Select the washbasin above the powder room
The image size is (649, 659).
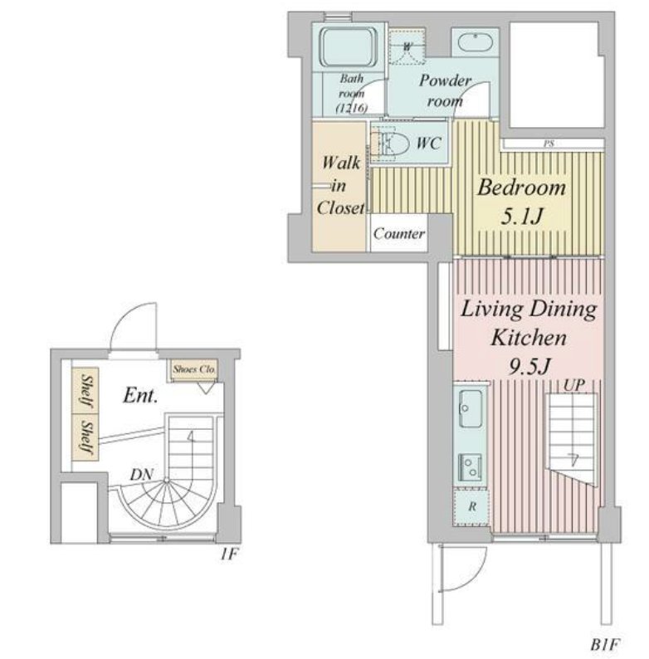pos(475,42)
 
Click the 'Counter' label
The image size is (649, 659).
pos(399,233)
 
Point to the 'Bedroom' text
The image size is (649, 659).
pos(521,188)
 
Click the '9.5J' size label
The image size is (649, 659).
pos(529,367)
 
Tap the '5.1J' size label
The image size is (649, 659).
pos(522,217)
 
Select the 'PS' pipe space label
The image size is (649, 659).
pos(549,144)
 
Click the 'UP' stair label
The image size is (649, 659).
pos(573,386)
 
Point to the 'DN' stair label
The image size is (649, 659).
pos(142,475)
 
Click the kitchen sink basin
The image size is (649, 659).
pos(471,408)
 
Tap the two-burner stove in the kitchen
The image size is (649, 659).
pos(470,467)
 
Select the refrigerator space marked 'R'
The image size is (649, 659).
pos(471,507)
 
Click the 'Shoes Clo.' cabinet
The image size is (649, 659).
pos(194,370)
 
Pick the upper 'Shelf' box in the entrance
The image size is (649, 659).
pos(85,391)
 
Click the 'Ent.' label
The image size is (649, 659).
pos(140,396)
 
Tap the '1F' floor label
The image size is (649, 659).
pos(230,554)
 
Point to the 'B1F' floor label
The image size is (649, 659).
pos(605,644)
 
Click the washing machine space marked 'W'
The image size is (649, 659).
pos(407,46)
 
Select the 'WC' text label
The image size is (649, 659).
pos(428,144)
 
